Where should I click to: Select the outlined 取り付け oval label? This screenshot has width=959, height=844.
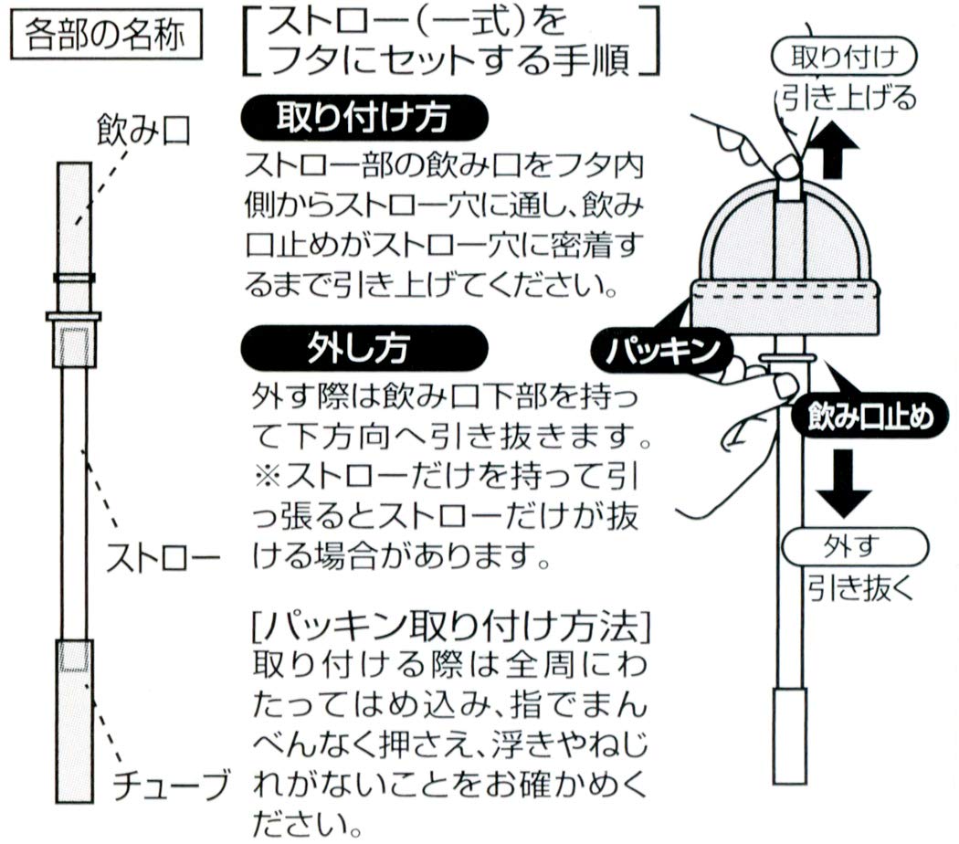pyautogui.click(x=843, y=59)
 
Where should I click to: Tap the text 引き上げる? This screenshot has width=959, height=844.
pyautogui.click(x=848, y=98)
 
